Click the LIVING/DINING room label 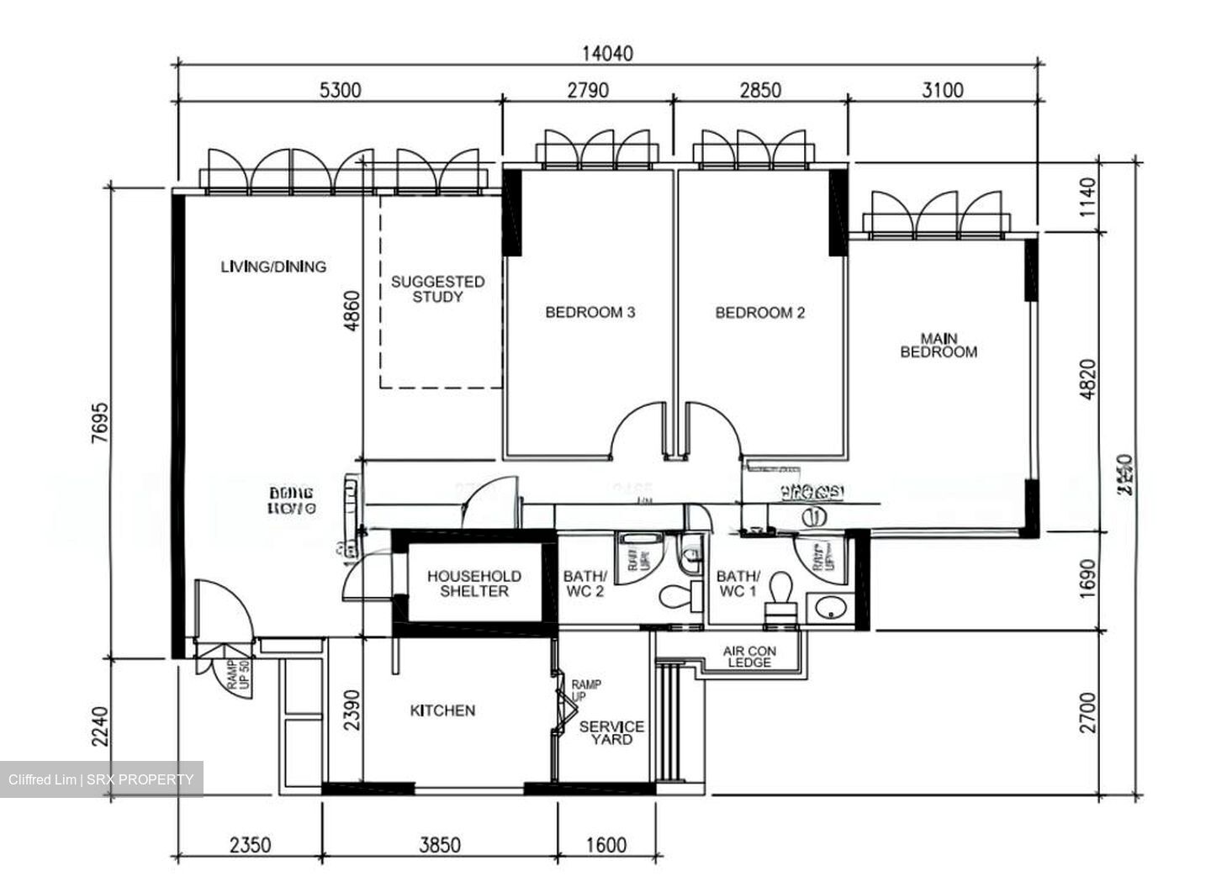273,267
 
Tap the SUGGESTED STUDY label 437,289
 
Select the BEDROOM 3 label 590,313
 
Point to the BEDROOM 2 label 759,313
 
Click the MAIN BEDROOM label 939,346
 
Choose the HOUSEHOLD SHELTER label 473,584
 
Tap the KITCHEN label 442,710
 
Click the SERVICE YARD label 611,732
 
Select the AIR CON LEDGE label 749,657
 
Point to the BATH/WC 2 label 585,584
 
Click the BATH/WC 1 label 738,584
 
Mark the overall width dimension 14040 607,54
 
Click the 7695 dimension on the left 100,422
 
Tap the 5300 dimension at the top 341,89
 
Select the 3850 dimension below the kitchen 439,844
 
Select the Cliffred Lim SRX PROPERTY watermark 101,779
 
